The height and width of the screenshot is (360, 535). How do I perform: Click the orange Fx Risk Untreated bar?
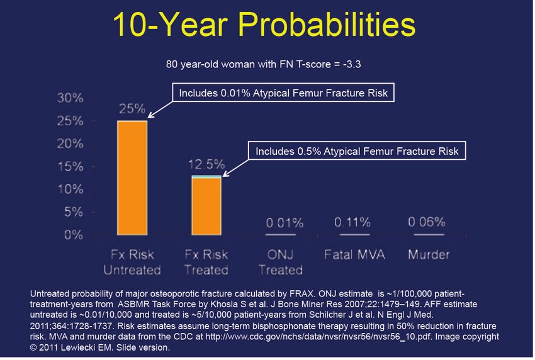(132, 177)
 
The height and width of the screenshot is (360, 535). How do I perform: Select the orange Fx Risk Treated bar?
(206, 206)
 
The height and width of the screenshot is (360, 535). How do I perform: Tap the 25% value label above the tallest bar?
(132, 109)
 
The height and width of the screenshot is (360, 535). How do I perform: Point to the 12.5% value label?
(206, 164)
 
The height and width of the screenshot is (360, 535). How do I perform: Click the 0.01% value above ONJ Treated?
(284, 223)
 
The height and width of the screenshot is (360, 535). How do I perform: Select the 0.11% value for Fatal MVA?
(352, 223)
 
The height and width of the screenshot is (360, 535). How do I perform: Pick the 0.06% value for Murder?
(427, 222)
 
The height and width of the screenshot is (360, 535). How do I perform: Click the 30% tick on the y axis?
(70, 98)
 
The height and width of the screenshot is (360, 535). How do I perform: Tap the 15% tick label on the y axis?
(70, 167)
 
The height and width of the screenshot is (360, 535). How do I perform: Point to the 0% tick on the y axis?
(74, 235)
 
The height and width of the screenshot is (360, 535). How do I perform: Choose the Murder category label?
(429, 254)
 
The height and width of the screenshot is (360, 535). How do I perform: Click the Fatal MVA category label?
(354, 254)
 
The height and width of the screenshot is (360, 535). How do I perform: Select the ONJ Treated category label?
(281, 262)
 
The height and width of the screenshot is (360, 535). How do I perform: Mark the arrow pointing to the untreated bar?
(160, 110)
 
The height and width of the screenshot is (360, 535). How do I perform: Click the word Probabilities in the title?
(327, 24)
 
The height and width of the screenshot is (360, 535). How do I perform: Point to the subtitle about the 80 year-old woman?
(263, 64)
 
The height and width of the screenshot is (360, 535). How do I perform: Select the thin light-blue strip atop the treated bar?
(206, 176)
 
